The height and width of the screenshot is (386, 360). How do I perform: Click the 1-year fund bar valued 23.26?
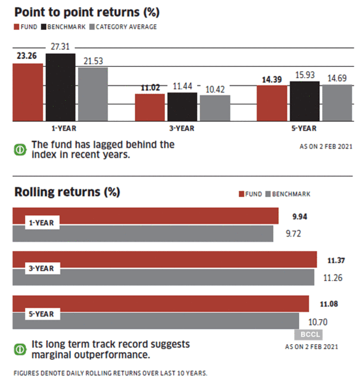(x=28, y=92)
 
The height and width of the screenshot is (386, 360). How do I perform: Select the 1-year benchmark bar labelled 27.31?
(x=61, y=87)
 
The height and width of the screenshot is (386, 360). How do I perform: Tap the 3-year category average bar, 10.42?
(x=215, y=108)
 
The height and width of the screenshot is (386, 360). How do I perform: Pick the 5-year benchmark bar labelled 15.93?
(x=304, y=101)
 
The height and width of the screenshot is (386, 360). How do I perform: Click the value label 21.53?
(x=93, y=61)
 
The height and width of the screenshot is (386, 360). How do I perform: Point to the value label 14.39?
(x=272, y=80)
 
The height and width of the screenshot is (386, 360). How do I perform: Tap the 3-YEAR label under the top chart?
(x=182, y=128)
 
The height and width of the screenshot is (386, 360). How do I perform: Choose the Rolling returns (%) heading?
(x=67, y=193)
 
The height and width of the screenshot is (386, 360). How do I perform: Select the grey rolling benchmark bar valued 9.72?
(x=144, y=233)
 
